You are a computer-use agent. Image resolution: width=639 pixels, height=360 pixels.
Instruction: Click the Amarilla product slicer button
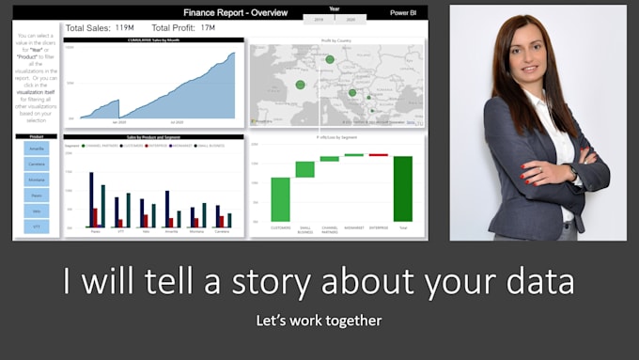(x=37, y=149)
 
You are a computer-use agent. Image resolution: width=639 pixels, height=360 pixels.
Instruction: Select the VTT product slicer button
(x=37, y=227)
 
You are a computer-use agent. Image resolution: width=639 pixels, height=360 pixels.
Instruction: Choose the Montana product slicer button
(x=37, y=180)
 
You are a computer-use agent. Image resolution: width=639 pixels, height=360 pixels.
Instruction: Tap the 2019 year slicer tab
(x=318, y=18)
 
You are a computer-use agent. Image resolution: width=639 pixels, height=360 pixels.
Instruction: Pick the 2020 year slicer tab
(x=351, y=18)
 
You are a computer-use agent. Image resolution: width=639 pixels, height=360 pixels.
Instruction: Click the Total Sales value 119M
(x=125, y=28)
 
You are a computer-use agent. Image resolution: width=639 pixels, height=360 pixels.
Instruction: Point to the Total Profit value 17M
(x=208, y=28)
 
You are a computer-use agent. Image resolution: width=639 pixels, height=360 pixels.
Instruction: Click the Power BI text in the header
(x=405, y=13)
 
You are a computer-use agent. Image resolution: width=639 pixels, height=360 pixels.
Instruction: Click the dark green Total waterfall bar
(x=403, y=188)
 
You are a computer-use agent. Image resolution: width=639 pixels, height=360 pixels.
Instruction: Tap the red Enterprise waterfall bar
(x=378, y=155)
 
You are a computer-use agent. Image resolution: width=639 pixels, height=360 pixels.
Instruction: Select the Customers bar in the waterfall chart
(x=280, y=198)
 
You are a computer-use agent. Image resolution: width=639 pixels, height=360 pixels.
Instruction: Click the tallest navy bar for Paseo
(x=91, y=199)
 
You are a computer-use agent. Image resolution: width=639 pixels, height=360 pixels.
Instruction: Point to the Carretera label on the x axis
(x=221, y=231)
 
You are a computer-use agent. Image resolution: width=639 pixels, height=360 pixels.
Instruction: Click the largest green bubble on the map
(x=329, y=60)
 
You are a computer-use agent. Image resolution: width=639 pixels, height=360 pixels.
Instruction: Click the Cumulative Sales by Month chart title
(x=153, y=40)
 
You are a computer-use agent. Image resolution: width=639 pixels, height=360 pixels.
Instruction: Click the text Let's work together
(x=319, y=321)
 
